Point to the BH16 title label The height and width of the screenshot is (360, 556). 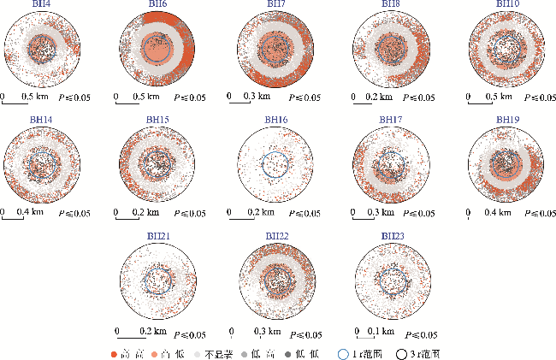click(275, 120)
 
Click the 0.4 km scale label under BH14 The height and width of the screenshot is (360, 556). click(32, 210)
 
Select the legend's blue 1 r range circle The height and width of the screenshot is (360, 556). click(343, 352)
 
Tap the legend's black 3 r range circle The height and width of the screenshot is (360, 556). click(401, 352)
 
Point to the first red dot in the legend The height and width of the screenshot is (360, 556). click(114, 352)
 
